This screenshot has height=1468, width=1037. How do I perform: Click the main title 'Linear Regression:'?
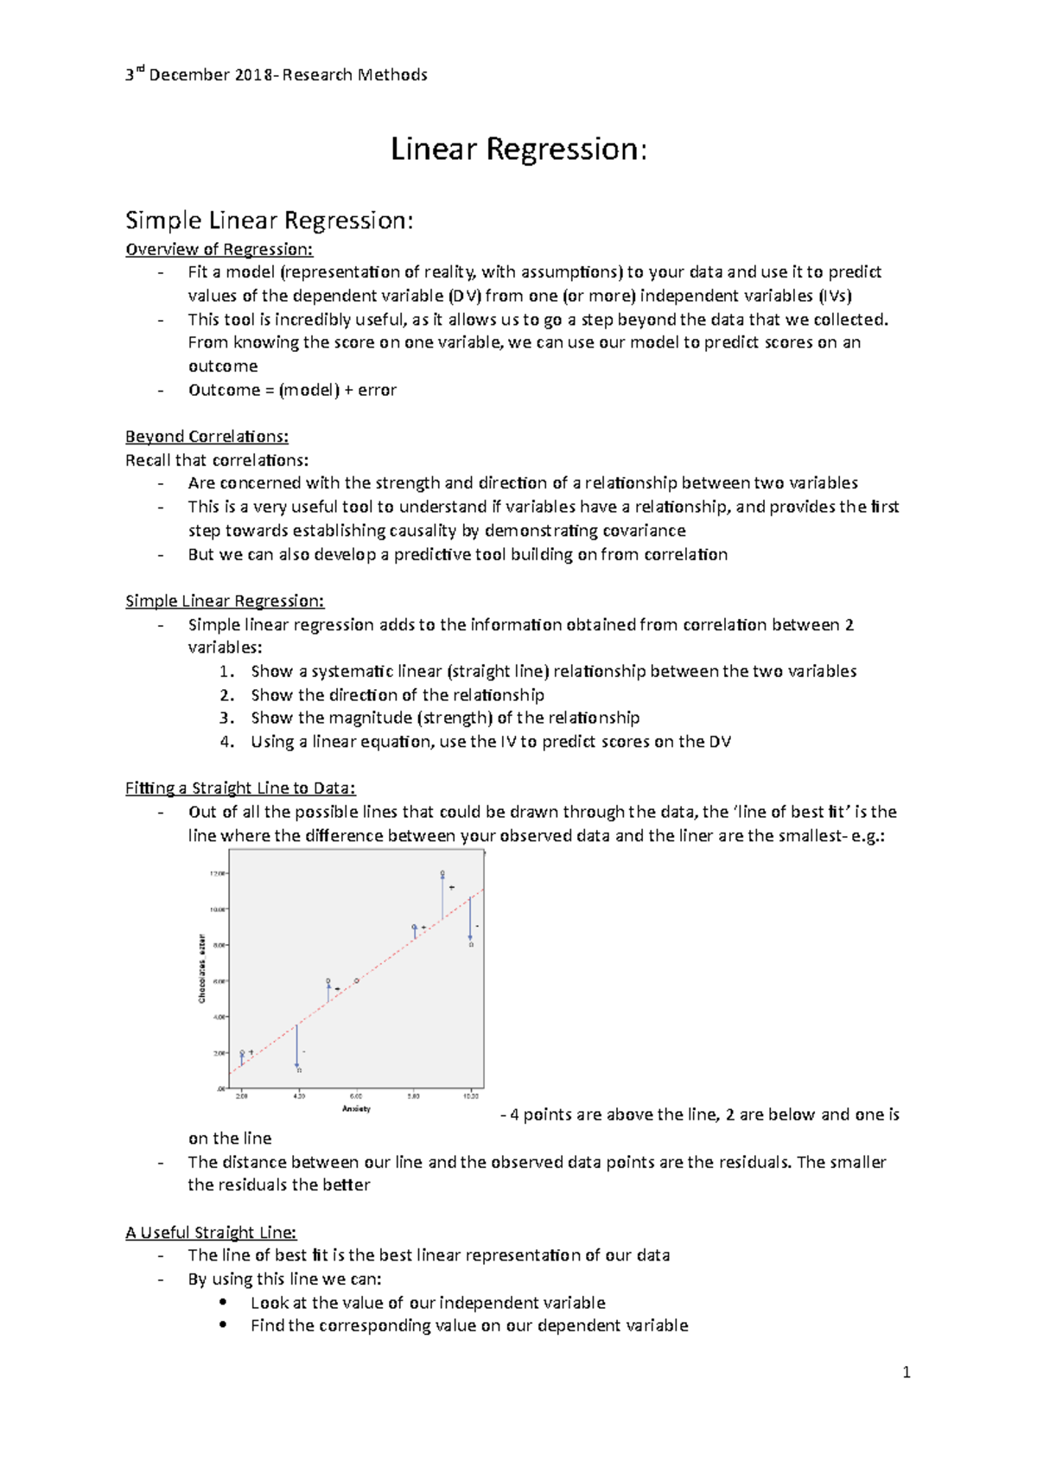tap(518, 149)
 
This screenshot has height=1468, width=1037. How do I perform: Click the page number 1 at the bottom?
tap(906, 1372)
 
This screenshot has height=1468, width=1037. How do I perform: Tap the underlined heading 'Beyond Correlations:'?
tap(207, 436)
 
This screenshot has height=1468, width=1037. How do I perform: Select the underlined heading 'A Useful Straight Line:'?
tap(211, 1232)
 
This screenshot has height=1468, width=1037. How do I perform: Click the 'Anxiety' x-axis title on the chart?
tap(356, 1108)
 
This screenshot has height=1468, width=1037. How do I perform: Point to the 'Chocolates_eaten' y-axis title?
tap(201, 968)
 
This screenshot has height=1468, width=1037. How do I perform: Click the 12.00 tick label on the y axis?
tap(216, 873)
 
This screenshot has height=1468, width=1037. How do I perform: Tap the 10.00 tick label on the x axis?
tap(471, 1096)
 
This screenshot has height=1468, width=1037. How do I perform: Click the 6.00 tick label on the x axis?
tap(356, 1096)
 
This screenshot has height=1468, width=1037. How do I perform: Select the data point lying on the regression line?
tap(356, 980)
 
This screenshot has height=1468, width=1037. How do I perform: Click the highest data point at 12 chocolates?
tap(442, 873)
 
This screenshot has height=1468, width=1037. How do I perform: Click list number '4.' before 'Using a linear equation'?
tap(226, 741)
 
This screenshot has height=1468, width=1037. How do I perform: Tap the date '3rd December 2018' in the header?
tap(196, 75)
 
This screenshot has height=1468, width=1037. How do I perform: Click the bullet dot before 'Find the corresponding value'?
tap(223, 1325)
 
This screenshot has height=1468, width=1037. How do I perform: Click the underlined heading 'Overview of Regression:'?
tap(219, 249)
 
